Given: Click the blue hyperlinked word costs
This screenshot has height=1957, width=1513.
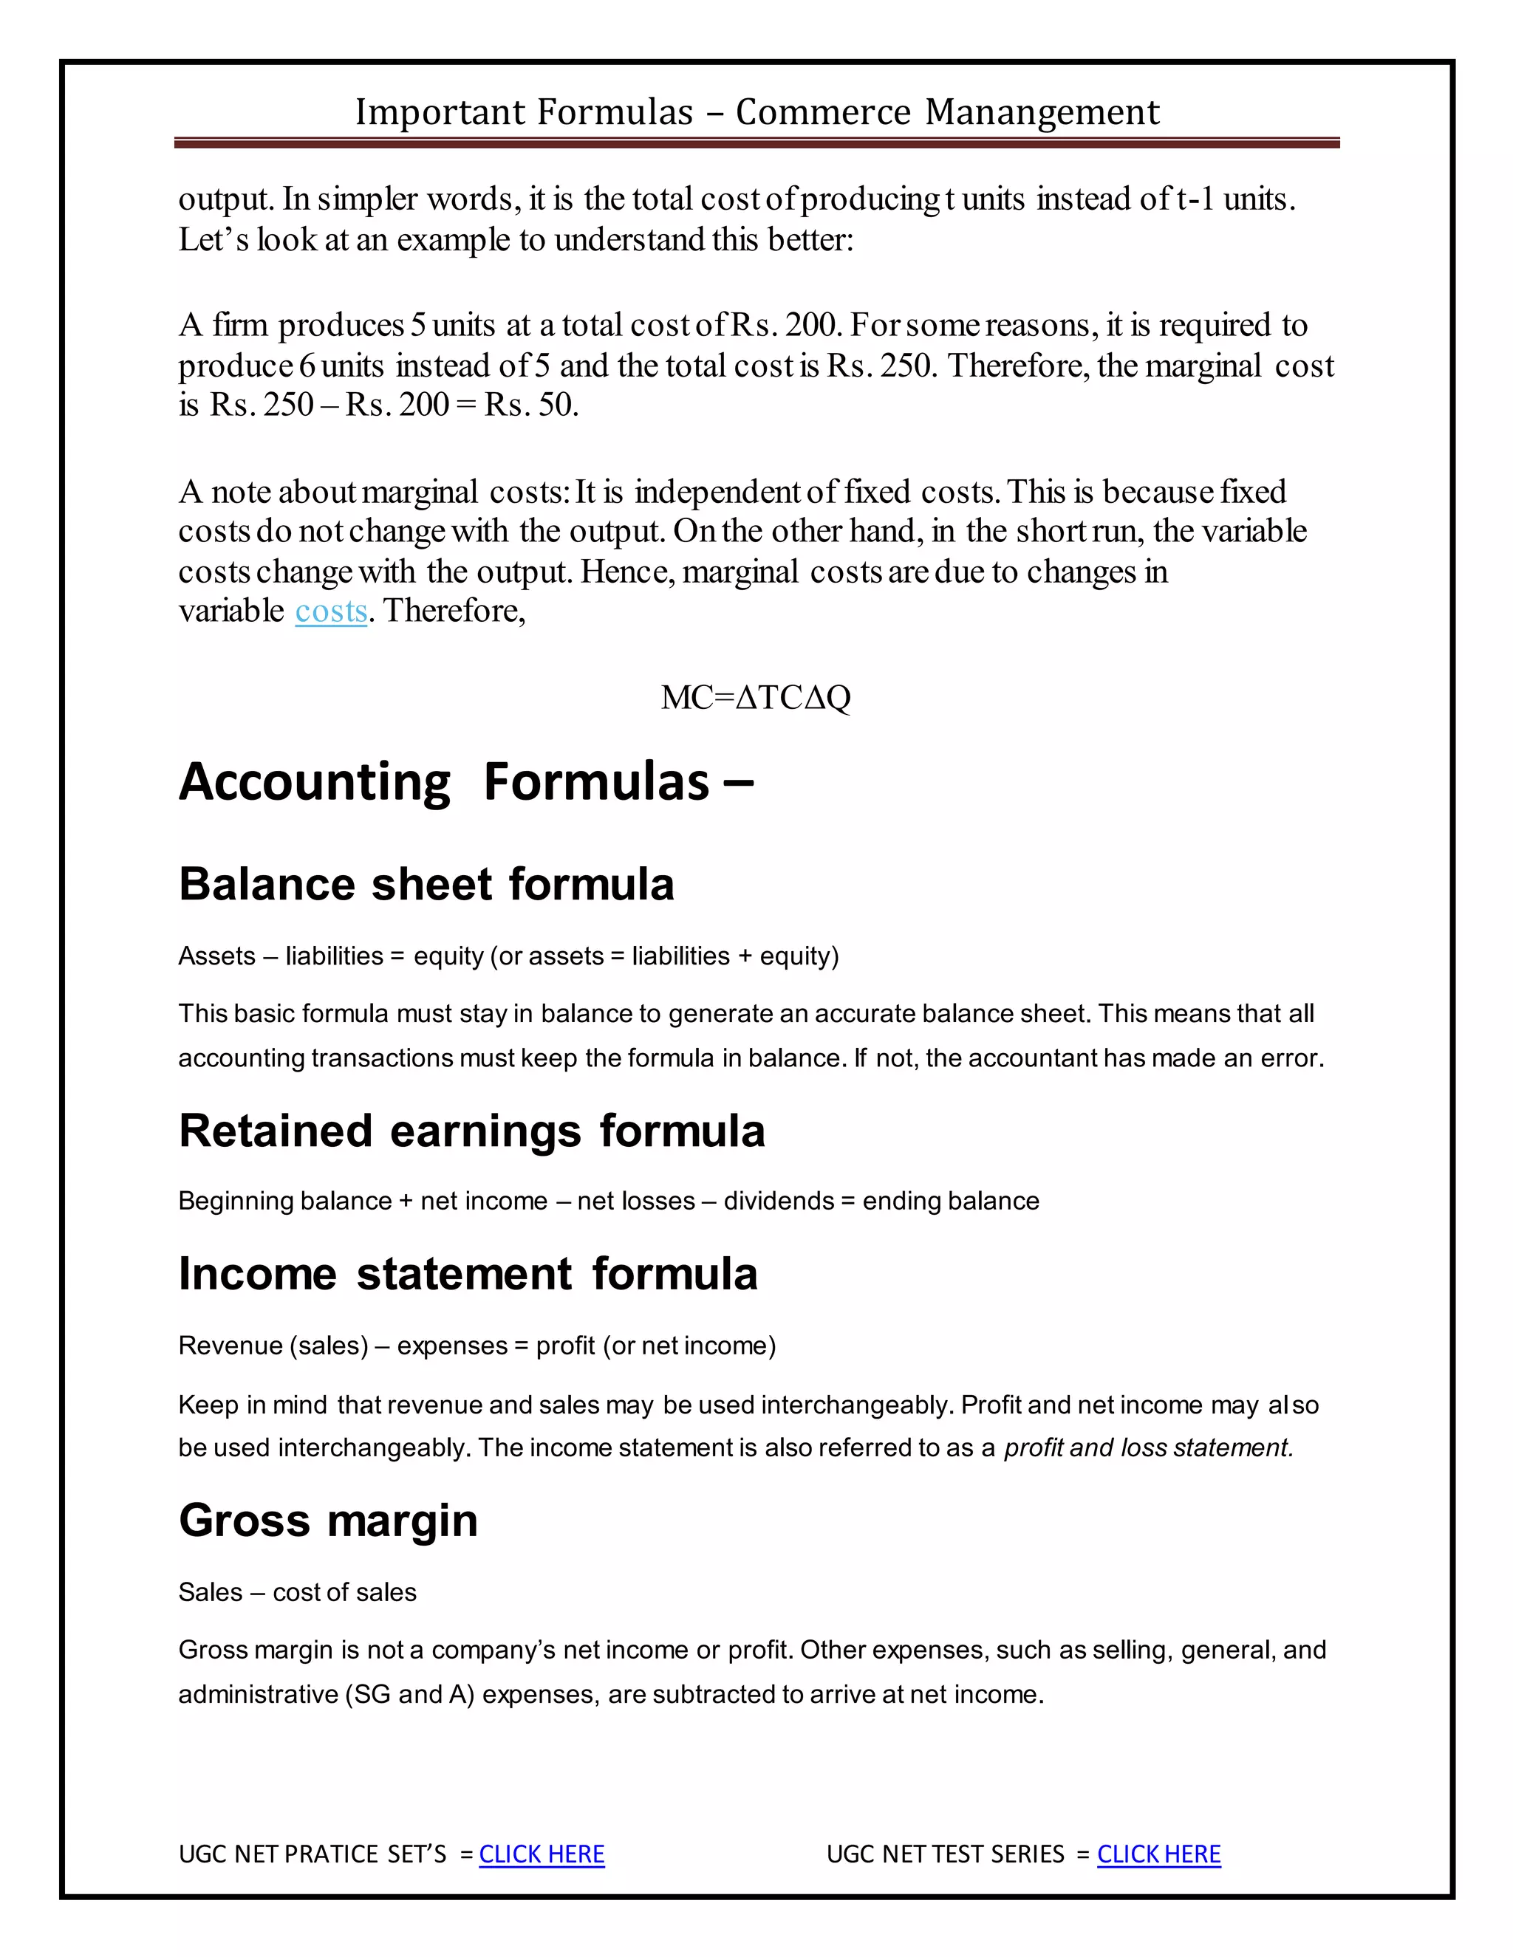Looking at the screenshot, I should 331,611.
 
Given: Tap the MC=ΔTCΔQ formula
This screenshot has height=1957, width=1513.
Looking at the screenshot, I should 756,697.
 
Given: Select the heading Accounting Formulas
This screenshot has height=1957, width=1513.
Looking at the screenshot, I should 466,781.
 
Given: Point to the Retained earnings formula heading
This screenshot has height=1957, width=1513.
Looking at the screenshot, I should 471,1131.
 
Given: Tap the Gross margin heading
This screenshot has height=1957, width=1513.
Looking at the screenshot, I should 328,1521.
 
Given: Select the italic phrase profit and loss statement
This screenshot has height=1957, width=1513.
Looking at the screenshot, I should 1148,1448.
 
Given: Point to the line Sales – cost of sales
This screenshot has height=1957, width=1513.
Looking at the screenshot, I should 298,1592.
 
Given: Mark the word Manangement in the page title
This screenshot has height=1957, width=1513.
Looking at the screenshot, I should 1042,113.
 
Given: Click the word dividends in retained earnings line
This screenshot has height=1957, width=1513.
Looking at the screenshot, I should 778,1201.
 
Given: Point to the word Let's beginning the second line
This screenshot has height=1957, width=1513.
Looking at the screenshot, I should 214,240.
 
